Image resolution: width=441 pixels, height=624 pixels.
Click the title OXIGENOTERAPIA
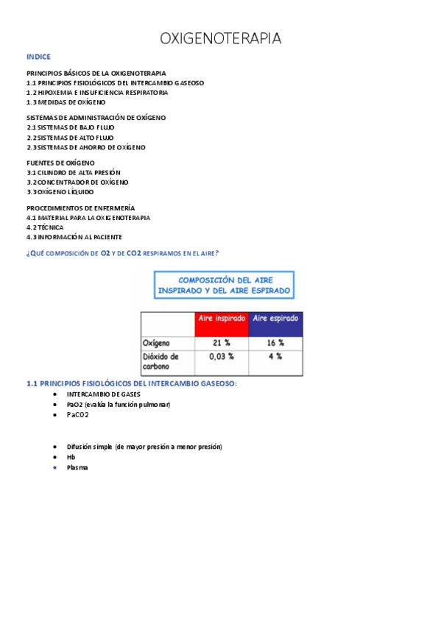click(x=220, y=38)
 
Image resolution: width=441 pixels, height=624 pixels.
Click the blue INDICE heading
click(x=38, y=57)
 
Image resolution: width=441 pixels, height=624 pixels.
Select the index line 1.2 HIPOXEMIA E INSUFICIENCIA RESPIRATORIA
click(x=97, y=93)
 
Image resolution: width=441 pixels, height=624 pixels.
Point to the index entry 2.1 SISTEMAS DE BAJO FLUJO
click(x=71, y=127)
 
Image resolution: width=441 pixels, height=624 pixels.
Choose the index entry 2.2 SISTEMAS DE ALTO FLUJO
click(x=71, y=138)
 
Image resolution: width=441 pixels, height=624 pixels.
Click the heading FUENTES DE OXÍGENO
click(x=60, y=163)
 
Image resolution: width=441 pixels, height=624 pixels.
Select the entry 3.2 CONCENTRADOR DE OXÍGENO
click(x=77, y=182)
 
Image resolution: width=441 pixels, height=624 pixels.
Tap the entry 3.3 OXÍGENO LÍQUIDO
click(x=60, y=191)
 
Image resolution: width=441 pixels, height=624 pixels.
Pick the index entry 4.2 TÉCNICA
click(x=45, y=227)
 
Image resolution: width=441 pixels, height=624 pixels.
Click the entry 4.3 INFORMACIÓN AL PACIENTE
click(x=74, y=237)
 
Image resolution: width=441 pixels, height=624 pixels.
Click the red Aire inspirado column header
click(x=221, y=319)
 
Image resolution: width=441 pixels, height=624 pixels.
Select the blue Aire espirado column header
click(x=275, y=319)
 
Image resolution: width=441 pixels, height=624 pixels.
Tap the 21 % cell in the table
click(x=222, y=343)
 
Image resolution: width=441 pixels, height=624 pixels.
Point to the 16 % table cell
click(x=275, y=343)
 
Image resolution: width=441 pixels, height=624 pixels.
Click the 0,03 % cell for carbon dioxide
click(x=222, y=357)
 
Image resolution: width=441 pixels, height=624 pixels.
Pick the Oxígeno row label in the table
click(x=157, y=344)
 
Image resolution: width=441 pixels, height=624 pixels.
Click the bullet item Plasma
click(x=77, y=467)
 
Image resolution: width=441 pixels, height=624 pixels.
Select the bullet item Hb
click(x=71, y=457)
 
